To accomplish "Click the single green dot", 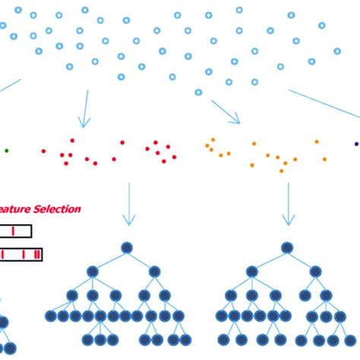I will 7,150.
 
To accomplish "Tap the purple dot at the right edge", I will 356,143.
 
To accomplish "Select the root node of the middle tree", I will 127,248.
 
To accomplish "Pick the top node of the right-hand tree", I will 286,248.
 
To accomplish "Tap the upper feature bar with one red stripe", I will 15,232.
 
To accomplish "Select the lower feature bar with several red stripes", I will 21,254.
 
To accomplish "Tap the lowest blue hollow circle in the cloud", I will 198,92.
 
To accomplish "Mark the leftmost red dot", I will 43,151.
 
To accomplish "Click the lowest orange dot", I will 281,170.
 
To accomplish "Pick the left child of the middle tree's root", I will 92,271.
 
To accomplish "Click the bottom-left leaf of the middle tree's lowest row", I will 87,339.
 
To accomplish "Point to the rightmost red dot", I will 175,157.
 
